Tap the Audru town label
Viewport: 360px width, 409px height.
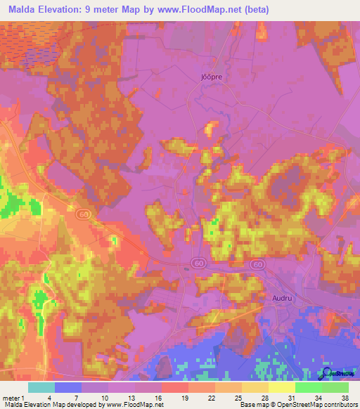[x=282, y=298]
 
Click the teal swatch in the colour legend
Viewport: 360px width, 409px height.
[x=41, y=387]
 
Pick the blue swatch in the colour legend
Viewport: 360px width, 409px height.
[x=68, y=387]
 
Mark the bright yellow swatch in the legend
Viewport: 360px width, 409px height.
[x=281, y=387]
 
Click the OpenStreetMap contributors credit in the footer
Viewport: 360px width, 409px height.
[x=317, y=405]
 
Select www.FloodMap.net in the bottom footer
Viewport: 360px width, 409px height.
[x=134, y=405]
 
